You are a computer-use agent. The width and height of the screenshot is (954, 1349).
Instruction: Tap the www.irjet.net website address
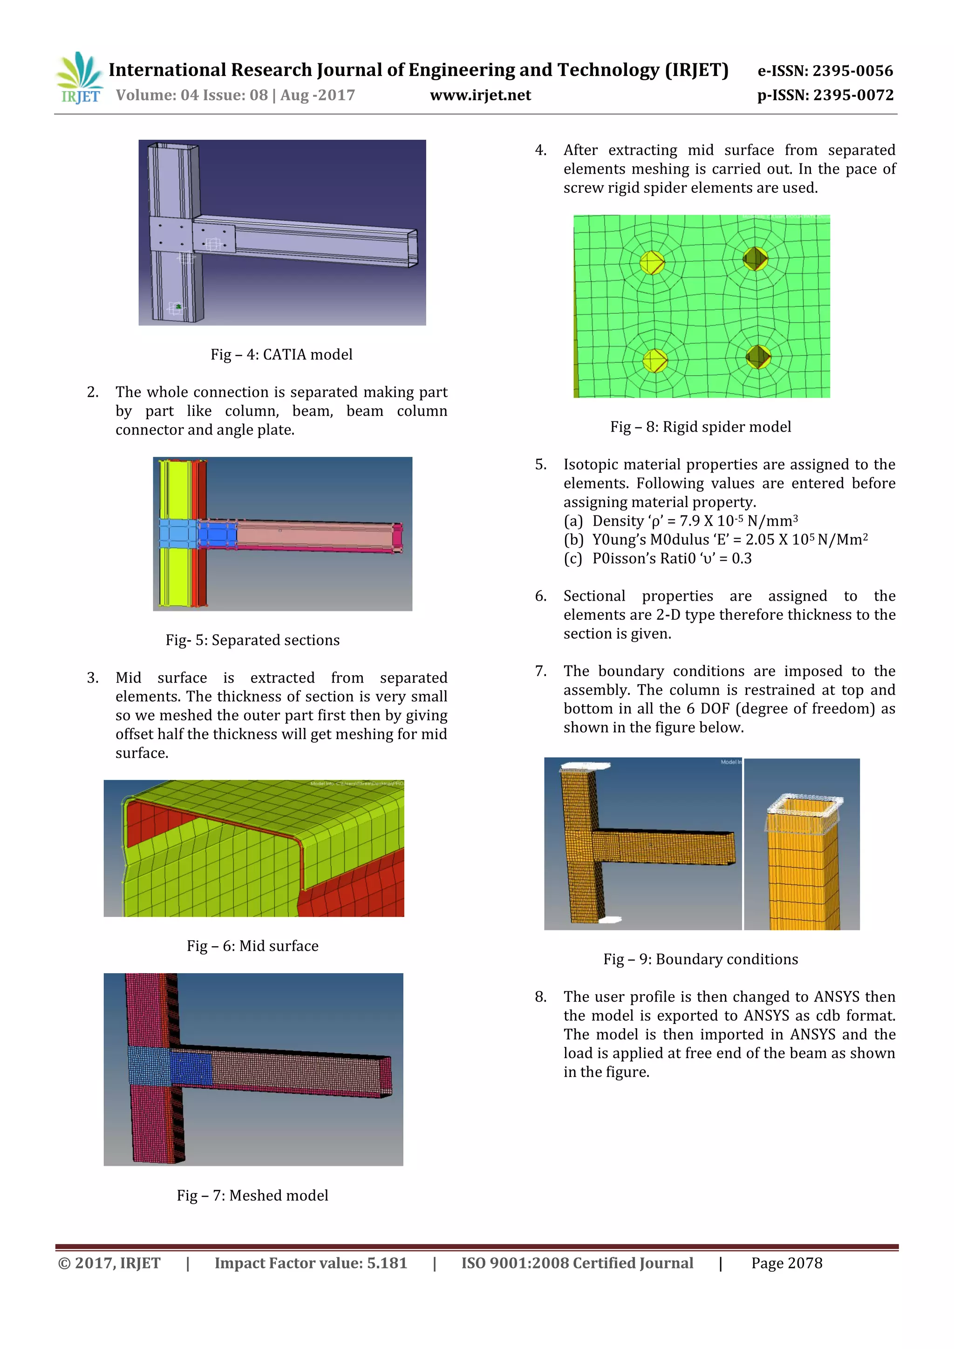coord(480,95)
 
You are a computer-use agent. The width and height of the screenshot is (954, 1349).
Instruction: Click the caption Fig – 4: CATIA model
coord(281,354)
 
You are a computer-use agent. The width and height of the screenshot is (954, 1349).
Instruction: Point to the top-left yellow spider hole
coord(651,263)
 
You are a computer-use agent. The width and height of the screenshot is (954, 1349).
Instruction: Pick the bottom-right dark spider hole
coord(758,357)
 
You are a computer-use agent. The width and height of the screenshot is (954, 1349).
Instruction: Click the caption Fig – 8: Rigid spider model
coord(700,427)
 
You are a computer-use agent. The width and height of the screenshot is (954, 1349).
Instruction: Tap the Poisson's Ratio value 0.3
coord(741,558)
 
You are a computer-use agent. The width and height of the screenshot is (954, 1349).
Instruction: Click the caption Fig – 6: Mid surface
coord(252,945)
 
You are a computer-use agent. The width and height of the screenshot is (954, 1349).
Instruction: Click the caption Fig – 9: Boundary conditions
coord(700,959)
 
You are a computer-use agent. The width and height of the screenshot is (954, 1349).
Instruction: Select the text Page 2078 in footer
coord(786,1263)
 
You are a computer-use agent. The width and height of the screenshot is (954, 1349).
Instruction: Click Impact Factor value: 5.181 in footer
coord(310,1263)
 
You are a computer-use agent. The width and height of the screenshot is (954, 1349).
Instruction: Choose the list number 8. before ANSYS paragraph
coord(541,996)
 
